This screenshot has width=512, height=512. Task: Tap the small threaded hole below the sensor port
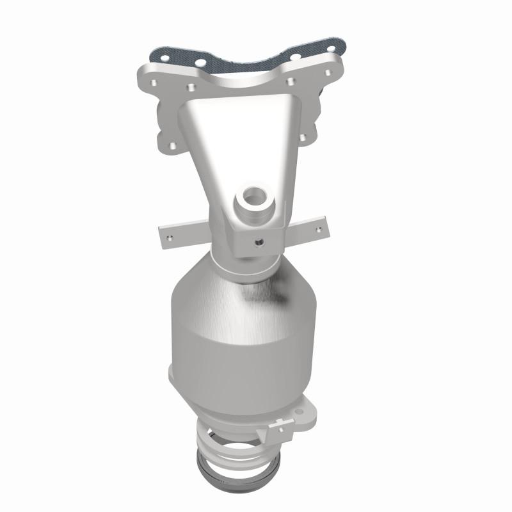(260, 243)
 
